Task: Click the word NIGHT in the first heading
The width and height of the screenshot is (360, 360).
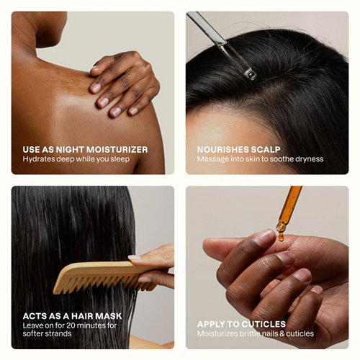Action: [x=70, y=150]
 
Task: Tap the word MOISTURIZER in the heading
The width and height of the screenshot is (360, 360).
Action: [x=117, y=150]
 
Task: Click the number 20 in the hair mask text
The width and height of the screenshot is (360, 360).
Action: [x=71, y=325]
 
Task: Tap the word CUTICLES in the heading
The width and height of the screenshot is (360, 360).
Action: [x=264, y=324]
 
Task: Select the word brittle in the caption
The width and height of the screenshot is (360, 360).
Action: [x=249, y=333]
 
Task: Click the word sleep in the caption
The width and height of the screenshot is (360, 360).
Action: [x=120, y=159]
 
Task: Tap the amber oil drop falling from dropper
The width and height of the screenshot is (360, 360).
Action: [x=281, y=237]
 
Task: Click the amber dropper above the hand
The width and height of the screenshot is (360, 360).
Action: [x=289, y=210]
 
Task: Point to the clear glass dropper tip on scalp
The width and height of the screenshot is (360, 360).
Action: [x=251, y=74]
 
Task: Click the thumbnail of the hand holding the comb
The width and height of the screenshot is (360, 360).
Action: [x=134, y=258]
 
